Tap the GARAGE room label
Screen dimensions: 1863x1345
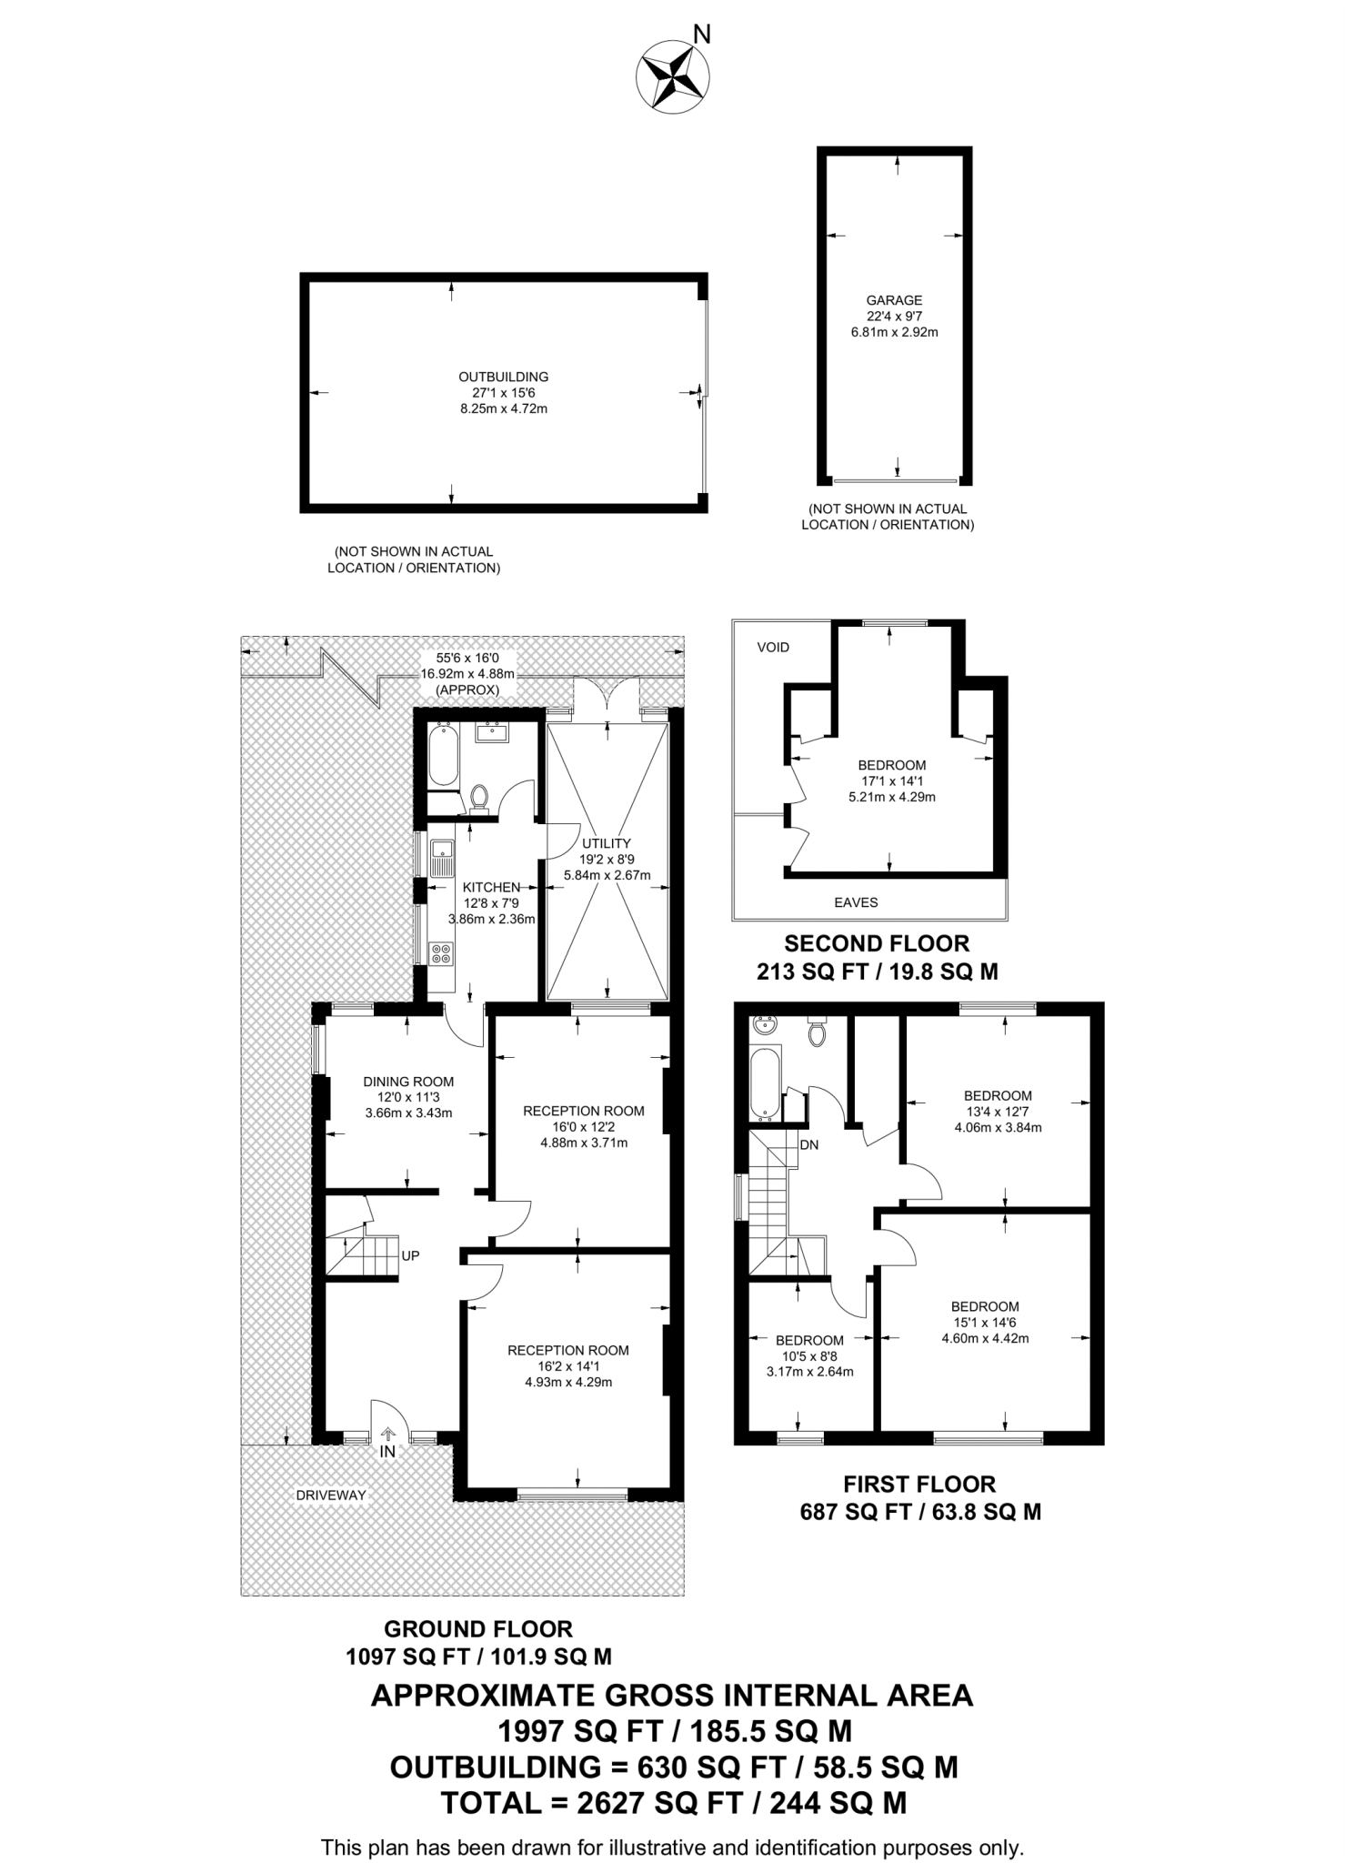894,300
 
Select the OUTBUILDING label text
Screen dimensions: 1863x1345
503,377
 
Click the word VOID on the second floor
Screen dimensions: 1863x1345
773,647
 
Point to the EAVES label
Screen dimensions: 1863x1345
856,902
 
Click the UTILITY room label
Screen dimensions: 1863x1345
607,843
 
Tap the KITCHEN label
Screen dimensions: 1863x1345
491,887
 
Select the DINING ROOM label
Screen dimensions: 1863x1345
408,1082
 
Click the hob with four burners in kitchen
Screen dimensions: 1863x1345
441,953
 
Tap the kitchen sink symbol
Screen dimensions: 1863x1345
442,856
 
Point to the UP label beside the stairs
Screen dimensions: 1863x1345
410,1255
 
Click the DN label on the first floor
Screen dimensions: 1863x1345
808,1144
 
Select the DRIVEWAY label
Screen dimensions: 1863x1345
330,1495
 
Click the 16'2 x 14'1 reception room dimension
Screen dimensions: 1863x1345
568,1365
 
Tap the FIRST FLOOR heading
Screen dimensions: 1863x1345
919,1484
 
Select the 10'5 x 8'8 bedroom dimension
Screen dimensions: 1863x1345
809,1355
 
